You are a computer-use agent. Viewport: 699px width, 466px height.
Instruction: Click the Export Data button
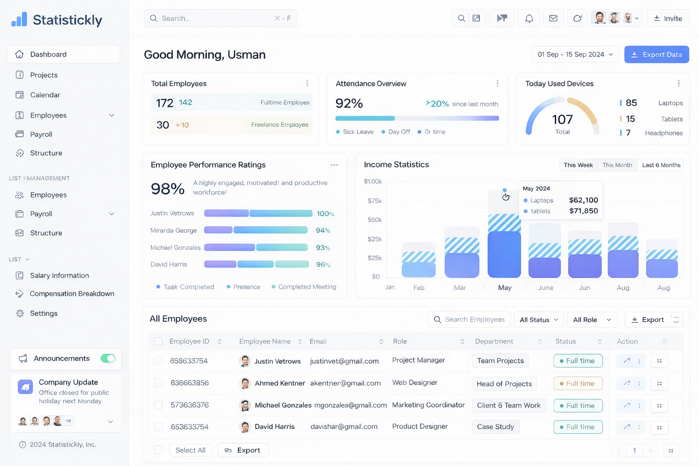pyautogui.click(x=656, y=55)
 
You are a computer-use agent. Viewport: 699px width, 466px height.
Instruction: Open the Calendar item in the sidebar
pyautogui.click(x=45, y=95)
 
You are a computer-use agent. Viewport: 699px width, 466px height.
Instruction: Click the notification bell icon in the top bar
pyautogui.click(x=529, y=19)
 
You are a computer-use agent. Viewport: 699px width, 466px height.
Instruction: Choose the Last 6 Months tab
pyautogui.click(x=661, y=165)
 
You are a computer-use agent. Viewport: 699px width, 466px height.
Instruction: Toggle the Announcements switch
pyautogui.click(x=108, y=359)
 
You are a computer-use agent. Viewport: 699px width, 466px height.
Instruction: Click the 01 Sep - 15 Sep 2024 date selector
pyautogui.click(x=575, y=55)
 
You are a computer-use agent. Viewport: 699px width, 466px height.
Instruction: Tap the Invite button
pyautogui.click(x=668, y=19)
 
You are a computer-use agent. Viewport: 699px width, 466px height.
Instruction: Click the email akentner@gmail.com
pyautogui.click(x=345, y=383)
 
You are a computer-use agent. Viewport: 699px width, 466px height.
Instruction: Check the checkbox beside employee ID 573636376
pyautogui.click(x=158, y=405)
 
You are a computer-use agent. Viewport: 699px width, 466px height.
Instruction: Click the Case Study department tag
pyautogui.click(x=495, y=427)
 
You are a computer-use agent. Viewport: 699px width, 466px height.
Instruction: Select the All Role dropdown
pyautogui.click(x=592, y=320)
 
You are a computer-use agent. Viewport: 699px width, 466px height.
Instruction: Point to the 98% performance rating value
pyautogui.click(x=167, y=188)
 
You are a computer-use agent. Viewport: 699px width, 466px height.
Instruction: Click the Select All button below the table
pyautogui.click(x=190, y=450)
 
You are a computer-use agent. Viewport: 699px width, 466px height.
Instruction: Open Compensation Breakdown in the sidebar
pyautogui.click(x=71, y=294)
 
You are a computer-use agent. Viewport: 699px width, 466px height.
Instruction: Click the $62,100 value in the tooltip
pyautogui.click(x=583, y=200)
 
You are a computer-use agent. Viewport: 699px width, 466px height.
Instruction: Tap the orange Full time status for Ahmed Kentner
pyautogui.click(x=577, y=384)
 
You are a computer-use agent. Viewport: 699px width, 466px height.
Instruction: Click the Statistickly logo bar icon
pyautogui.click(x=19, y=20)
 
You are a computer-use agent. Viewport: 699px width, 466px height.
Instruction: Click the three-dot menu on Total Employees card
pyautogui.click(x=307, y=83)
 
